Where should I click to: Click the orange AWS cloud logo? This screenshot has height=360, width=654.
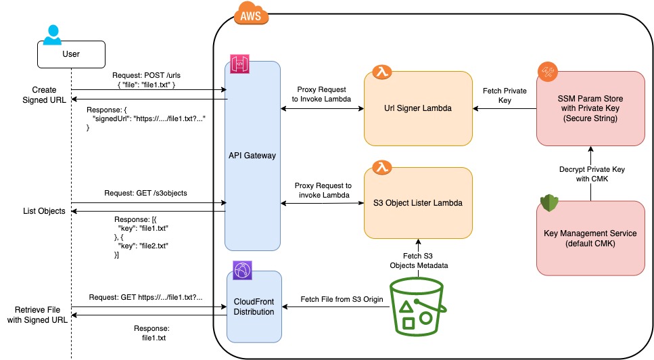pyautogui.click(x=250, y=15)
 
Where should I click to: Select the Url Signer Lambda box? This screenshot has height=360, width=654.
pyautogui.click(x=417, y=108)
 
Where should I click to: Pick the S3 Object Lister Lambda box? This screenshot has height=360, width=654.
pyautogui.click(x=417, y=202)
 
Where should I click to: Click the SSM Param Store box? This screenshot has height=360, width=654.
pyautogui.click(x=590, y=108)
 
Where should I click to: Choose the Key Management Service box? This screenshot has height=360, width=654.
pyautogui.click(x=590, y=238)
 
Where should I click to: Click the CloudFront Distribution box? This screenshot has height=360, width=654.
pyautogui.click(x=254, y=307)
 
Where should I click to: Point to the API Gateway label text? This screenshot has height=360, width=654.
pyautogui.click(x=253, y=156)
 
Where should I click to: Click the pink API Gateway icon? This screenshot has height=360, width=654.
pyautogui.click(x=240, y=65)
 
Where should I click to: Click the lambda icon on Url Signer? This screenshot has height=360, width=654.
pyautogui.click(x=381, y=72)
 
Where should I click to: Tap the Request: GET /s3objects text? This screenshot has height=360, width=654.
pyautogui.click(x=145, y=194)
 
